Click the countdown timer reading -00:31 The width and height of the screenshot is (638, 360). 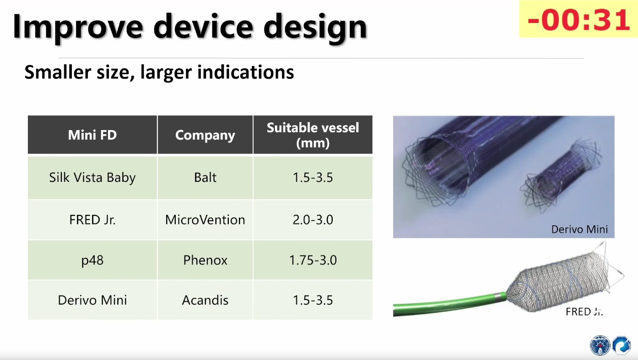tap(578, 19)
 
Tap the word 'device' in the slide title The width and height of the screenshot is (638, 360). tap(203, 27)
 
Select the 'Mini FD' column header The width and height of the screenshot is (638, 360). tap(92, 135)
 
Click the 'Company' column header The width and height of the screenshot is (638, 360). tap(205, 135)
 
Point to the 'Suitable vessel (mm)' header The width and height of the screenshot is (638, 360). tap(313, 135)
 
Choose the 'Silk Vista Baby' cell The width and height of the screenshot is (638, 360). tap(92, 178)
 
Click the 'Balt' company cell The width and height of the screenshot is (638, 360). tap(205, 178)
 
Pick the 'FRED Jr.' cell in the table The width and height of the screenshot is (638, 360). tap(92, 220)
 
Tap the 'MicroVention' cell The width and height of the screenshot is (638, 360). tap(205, 220)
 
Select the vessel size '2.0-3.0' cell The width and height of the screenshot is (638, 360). tap(313, 220)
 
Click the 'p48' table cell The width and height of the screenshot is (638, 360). tap(92, 260)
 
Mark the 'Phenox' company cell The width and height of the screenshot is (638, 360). tap(205, 260)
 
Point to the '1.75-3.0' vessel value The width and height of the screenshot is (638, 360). tap(313, 260)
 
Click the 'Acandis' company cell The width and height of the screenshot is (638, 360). tap(205, 300)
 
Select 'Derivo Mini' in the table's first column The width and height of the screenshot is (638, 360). tap(92, 300)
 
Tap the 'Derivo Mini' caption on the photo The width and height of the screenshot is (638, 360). tap(579, 229)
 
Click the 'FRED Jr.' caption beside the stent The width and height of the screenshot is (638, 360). tap(584, 311)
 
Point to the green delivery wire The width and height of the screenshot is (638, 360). tap(447, 304)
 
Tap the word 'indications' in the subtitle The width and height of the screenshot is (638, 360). tap(245, 72)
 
